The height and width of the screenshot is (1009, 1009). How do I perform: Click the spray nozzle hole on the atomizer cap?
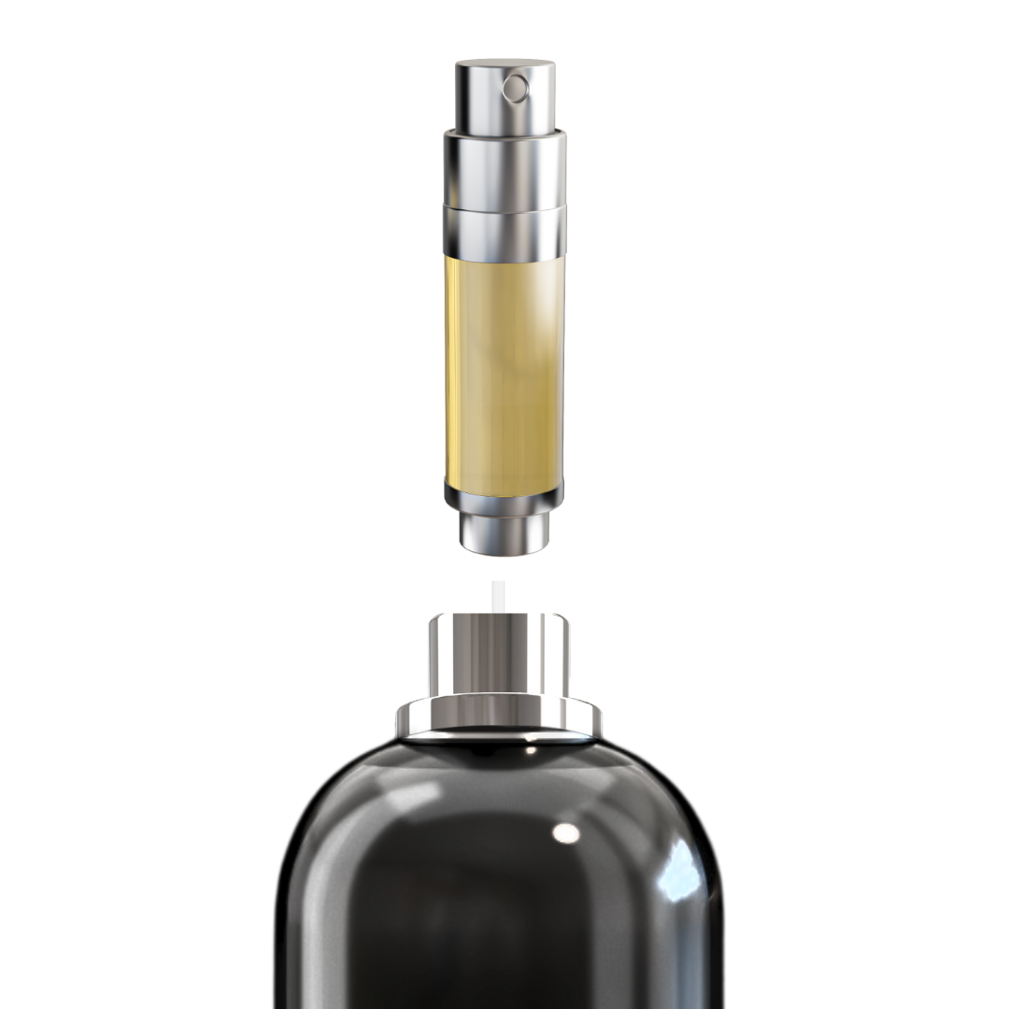[515, 89]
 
